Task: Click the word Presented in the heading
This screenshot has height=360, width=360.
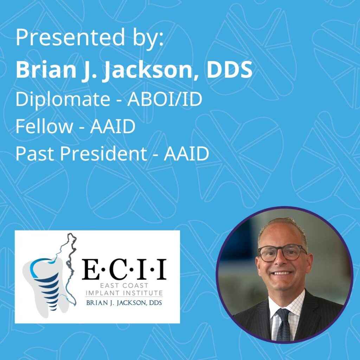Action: tap(70, 37)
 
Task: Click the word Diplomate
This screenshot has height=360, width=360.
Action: tap(63, 99)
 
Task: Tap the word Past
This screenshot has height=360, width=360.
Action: tap(36, 154)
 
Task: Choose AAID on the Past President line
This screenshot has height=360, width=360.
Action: tap(186, 154)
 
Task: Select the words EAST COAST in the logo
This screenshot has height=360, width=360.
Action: tap(124, 286)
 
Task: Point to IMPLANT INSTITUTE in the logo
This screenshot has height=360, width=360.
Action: tap(124, 293)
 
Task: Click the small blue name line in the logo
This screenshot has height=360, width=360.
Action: tap(124, 303)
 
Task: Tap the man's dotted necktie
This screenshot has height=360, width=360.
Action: tap(283, 324)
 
